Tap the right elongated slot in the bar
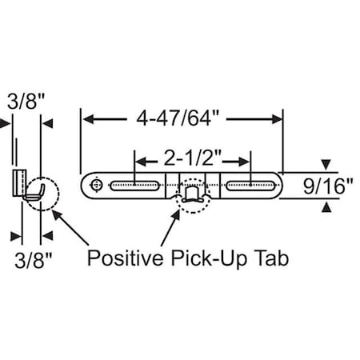coord(252,186)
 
